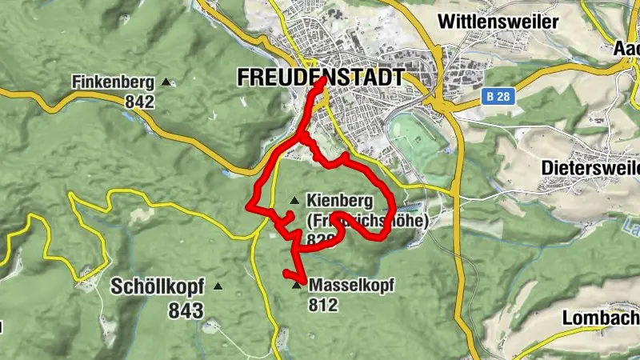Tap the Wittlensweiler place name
click(x=498, y=22)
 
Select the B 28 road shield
click(x=497, y=96)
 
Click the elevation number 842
click(x=139, y=102)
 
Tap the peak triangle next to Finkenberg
click(x=166, y=82)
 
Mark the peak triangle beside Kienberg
click(x=295, y=200)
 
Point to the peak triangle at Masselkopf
click(x=298, y=285)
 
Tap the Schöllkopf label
click(x=158, y=287)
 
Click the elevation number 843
click(x=186, y=310)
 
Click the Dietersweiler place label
click(x=590, y=168)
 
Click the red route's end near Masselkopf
click(x=286, y=274)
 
